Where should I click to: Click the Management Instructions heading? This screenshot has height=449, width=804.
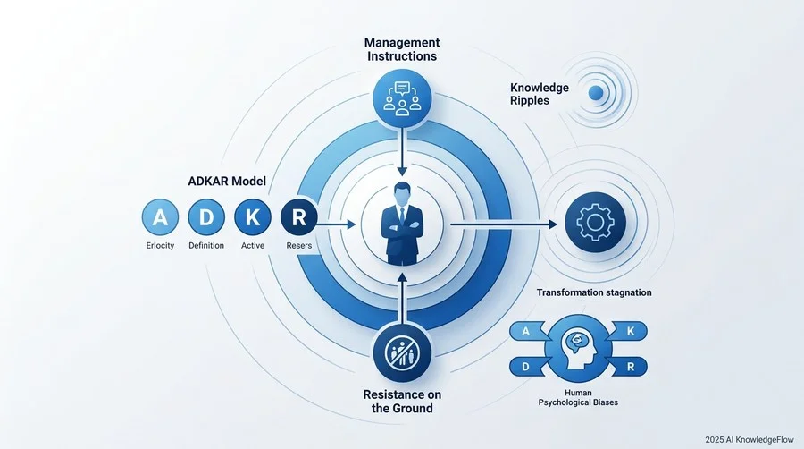(x=402, y=49)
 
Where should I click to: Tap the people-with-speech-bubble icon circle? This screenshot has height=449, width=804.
(x=402, y=98)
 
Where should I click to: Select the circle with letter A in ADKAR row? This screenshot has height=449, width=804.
(x=160, y=217)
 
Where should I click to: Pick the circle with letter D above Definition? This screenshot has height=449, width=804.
(x=206, y=217)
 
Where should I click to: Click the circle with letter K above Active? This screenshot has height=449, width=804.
(x=253, y=217)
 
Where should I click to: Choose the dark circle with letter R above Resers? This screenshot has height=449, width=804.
(x=299, y=217)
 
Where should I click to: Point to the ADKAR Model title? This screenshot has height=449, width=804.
(x=227, y=182)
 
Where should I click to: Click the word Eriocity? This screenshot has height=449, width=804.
(x=160, y=246)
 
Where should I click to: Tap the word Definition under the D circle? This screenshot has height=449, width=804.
(x=206, y=246)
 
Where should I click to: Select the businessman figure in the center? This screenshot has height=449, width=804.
(x=402, y=224)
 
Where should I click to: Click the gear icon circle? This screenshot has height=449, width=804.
(x=595, y=222)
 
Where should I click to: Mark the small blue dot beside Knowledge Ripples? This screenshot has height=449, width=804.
(x=596, y=93)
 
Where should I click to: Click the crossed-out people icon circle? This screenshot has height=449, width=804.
(x=402, y=352)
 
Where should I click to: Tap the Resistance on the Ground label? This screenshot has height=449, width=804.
(x=402, y=402)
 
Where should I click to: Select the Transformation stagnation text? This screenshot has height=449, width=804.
(x=594, y=292)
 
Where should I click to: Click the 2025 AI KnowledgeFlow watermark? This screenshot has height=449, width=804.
(x=750, y=440)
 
